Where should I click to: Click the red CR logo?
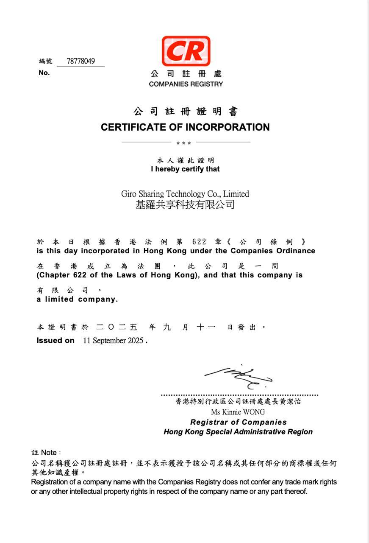[x=186, y=51]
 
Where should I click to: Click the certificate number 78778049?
[x=80, y=61]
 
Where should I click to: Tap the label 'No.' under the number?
[x=44, y=73]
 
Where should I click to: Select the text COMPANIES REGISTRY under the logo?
[x=186, y=84]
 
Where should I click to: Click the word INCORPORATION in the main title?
[x=227, y=127]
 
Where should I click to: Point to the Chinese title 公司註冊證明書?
[x=186, y=112]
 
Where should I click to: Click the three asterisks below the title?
[x=183, y=143]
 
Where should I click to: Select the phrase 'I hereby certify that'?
[x=185, y=169]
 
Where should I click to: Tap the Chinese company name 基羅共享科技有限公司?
[x=185, y=205]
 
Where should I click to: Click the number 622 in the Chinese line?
[x=199, y=242]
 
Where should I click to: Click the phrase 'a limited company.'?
[x=77, y=299]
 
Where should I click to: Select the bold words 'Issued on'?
[x=55, y=340]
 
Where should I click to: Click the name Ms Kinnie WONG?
[x=238, y=412]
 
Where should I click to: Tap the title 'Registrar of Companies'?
[x=238, y=422]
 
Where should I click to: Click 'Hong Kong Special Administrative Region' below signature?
[x=238, y=432]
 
